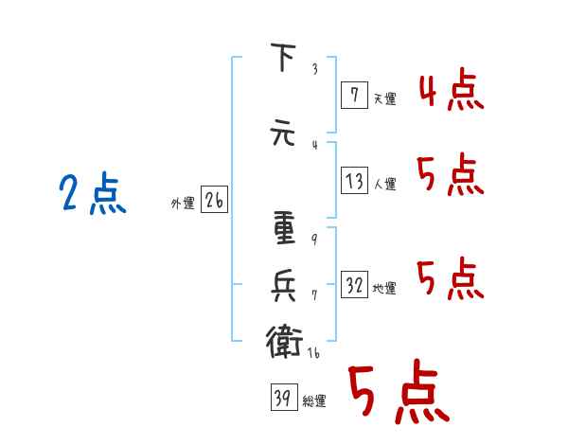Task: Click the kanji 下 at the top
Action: coord(283,57)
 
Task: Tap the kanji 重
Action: coord(284,227)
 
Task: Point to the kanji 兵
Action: coord(283,286)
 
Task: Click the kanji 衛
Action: coord(284,342)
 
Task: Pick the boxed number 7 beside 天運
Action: coord(355,95)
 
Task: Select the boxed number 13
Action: coord(355,180)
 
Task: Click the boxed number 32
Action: coord(355,284)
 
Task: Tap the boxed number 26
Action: coord(214,200)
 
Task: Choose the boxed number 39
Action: coord(284,397)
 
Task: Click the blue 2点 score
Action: coord(93,193)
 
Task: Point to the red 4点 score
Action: coord(452,89)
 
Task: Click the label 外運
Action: coord(183,204)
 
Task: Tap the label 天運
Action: coord(384,98)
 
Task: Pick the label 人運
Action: coord(384,184)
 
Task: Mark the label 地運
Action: coord(384,289)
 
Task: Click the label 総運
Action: coord(314,401)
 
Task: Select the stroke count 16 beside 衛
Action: coord(313,352)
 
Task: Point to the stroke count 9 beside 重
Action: coord(314,239)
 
